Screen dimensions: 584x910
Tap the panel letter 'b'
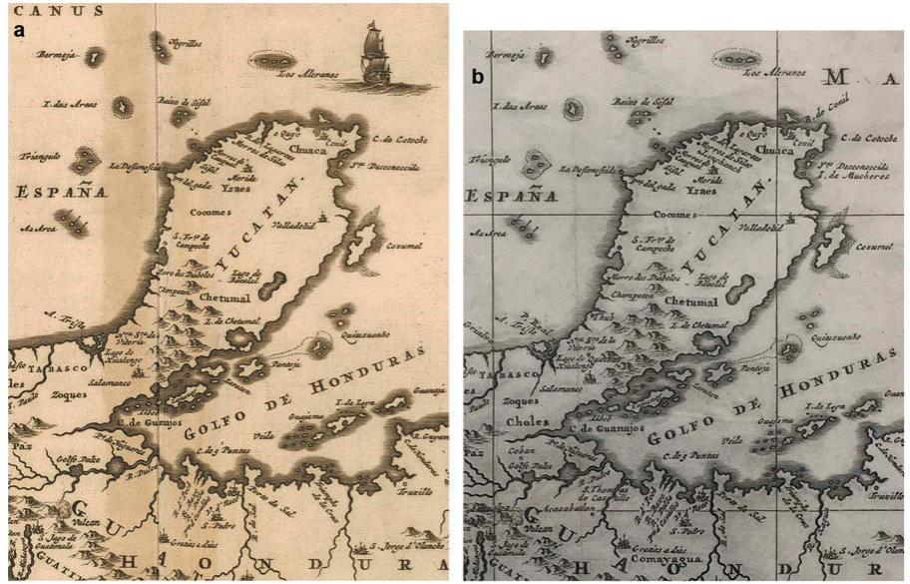[478, 76]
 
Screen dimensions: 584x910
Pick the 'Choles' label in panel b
[526, 421]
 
